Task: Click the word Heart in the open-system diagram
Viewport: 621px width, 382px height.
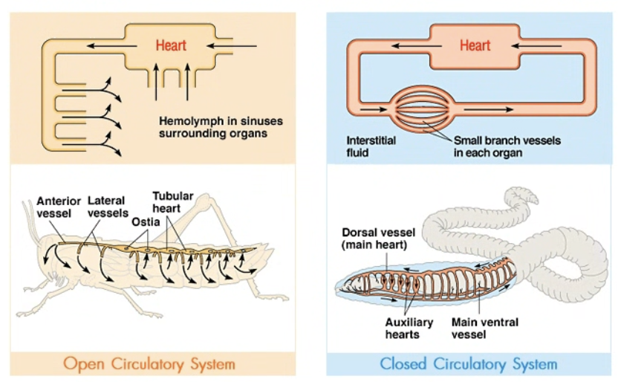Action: point(171,45)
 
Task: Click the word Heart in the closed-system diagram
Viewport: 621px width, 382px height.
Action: point(475,45)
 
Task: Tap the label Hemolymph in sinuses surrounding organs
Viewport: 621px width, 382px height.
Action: point(221,127)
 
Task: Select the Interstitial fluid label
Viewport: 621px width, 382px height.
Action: point(371,146)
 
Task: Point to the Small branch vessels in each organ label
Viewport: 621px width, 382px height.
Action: point(507,146)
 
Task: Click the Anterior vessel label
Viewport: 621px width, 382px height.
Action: point(58,207)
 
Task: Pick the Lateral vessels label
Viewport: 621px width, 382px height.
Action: point(108,207)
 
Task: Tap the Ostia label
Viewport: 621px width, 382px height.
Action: point(146,221)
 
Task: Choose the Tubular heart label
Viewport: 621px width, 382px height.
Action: point(172,202)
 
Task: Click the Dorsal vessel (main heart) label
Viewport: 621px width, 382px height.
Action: point(378,239)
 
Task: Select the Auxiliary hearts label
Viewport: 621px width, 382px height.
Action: point(409,328)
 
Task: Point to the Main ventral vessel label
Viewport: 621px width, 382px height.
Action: point(485,328)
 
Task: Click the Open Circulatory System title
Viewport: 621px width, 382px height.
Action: point(149,363)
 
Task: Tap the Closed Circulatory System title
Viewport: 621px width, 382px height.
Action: point(469,363)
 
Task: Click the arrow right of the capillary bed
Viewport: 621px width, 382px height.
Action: point(489,109)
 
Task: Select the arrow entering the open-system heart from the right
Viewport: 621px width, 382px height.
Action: point(232,46)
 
